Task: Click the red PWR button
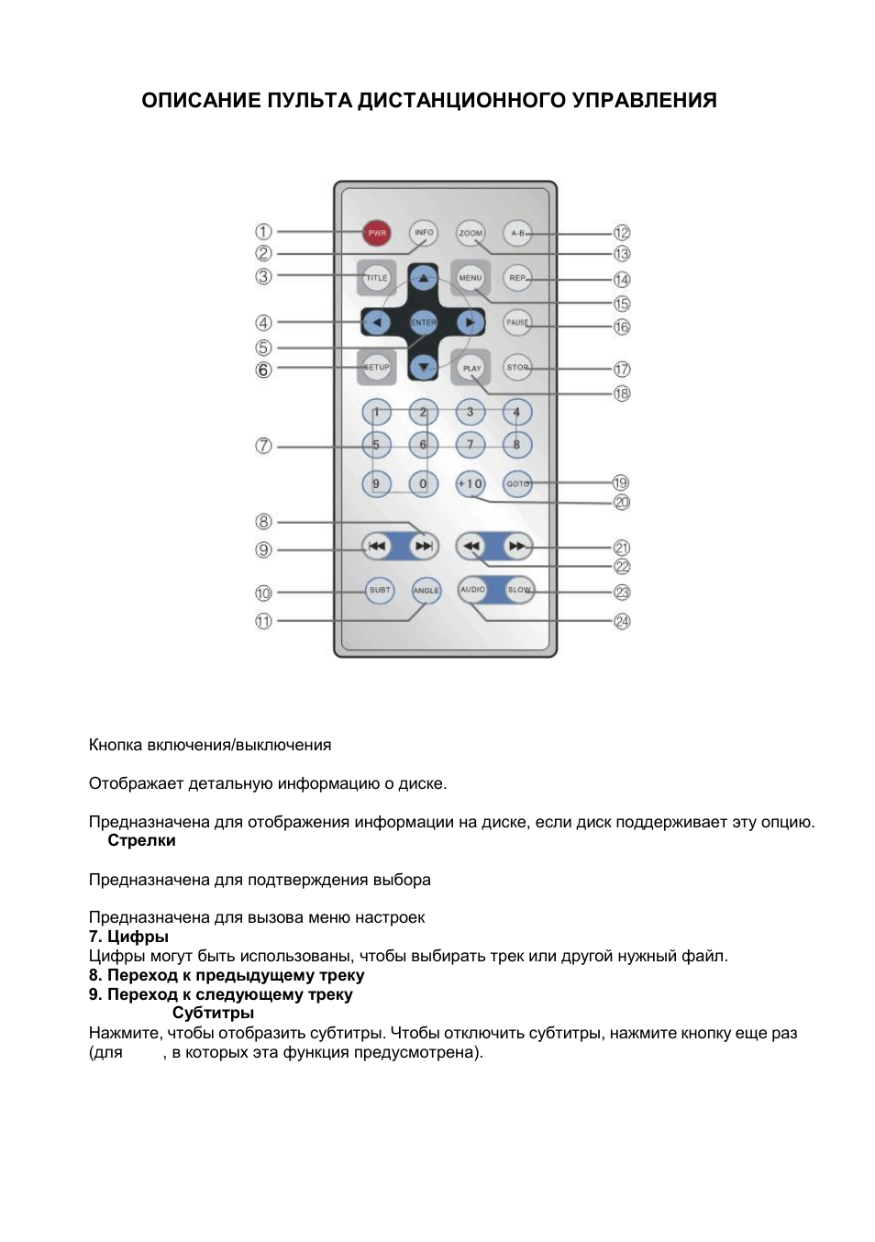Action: coord(377,233)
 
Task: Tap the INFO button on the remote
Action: coord(424,233)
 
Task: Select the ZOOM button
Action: coord(471,233)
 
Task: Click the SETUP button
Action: coord(377,367)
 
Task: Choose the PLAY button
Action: coord(471,368)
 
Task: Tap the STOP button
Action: coord(517,367)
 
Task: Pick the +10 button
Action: coord(471,483)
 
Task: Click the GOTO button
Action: coord(517,483)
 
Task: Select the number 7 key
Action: coord(471,445)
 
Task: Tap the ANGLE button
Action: coord(426,591)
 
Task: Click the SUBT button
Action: coord(380,590)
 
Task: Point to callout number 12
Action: coord(622,233)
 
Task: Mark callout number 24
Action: coord(622,622)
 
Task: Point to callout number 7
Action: coord(263,446)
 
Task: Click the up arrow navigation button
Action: coord(423,277)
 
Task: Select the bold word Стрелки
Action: coord(141,841)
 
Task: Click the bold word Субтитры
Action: coord(213,1014)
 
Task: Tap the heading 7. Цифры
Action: coord(128,937)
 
